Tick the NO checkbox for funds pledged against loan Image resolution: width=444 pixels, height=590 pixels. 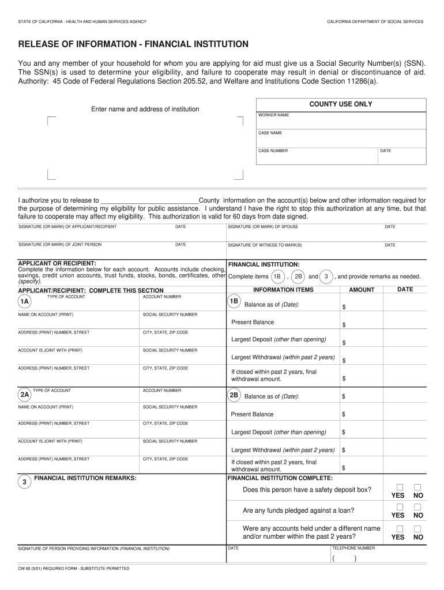(x=418, y=507)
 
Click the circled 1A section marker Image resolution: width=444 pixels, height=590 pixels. (x=25, y=302)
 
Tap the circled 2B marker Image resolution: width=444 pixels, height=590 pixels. (x=234, y=396)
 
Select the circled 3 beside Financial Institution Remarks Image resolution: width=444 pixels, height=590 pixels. (x=24, y=482)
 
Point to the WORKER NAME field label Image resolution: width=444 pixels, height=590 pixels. (x=274, y=115)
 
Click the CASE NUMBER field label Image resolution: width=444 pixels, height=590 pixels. (x=273, y=151)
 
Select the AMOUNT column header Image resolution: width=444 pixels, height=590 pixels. (x=362, y=290)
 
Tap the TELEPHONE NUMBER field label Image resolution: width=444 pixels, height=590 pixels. (x=353, y=548)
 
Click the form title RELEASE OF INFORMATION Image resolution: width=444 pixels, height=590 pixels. (x=133, y=44)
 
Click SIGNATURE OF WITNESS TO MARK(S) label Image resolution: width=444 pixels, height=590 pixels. (x=265, y=245)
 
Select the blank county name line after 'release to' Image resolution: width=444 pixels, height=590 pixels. (x=149, y=201)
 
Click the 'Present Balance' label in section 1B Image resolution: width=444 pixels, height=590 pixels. (x=253, y=322)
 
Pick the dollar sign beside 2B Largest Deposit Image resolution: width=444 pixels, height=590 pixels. (x=343, y=432)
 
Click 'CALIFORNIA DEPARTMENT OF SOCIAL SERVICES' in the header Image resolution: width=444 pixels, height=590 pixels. (x=375, y=21)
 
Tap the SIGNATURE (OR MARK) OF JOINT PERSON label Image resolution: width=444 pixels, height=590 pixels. (x=60, y=244)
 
